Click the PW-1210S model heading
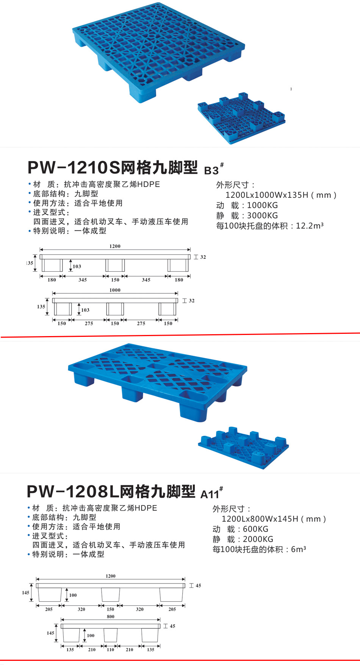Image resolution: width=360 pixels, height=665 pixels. pyautogui.click(x=113, y=167)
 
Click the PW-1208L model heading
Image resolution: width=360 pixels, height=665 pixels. pyautogui.click(x=111, y=491)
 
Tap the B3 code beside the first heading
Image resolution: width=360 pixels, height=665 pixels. pyautogui.click(x=211, y=171)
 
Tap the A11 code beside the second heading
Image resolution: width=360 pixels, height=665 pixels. pyautogui.click(x=210, y=494)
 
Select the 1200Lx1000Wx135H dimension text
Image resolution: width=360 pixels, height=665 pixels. pyautogui.click(x=281, y=195)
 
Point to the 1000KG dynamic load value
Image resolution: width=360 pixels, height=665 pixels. pyautogui.click(x=262, y=205)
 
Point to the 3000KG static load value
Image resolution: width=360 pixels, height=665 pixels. pyautogui.click(x=262, y=216)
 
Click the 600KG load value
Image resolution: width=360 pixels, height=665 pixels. pyautogui.click(x=255, y=529)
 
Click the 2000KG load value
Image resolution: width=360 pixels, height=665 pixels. pyautogui.click(x=258, y=540)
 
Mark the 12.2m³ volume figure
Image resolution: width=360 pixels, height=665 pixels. pyautogui.click(x=310, y=226)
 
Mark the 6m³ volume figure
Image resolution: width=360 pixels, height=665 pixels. pyautogui.click(x=298, y=549)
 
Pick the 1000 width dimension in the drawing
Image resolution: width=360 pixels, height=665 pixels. pyautogui.click(x=115, y=290)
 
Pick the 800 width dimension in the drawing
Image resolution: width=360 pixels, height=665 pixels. pyautogui.click(x=110, y=617)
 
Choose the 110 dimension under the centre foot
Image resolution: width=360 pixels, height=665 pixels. pyautogui.click(x=110, y=649)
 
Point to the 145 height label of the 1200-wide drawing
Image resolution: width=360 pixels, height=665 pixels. pyautogui.click(x=26, y=593)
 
